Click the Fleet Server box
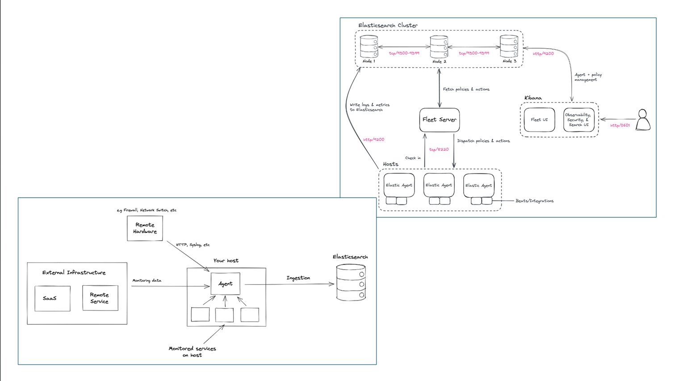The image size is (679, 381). pos(440,120)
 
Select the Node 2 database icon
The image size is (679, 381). pos(439,47)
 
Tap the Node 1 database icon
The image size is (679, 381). pos(369,47)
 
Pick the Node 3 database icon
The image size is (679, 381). pos(509,47)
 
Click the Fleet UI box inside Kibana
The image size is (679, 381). pos(539,120)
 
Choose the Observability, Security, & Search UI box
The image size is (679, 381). pos(579,120)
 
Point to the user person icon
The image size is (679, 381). pos(643,120)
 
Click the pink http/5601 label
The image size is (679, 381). pos(620,126)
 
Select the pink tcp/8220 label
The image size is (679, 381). pos(439,149)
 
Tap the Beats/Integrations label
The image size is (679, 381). pos(534,201)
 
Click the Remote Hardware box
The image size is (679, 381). pos(145,229)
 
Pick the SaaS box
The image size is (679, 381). pos(52,298)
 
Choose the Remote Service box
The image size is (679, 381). pos(100,298)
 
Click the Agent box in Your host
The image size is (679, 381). pos(225,284)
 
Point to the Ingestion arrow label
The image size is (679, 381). pos(298,278)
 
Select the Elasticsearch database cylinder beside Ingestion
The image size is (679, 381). pos(351,283)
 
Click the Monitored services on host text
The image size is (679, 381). pos(192,351)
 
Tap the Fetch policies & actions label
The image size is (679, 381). pos(466,89)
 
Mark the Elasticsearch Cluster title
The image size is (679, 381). pos(388,25)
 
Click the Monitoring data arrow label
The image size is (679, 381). pos(147,280)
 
